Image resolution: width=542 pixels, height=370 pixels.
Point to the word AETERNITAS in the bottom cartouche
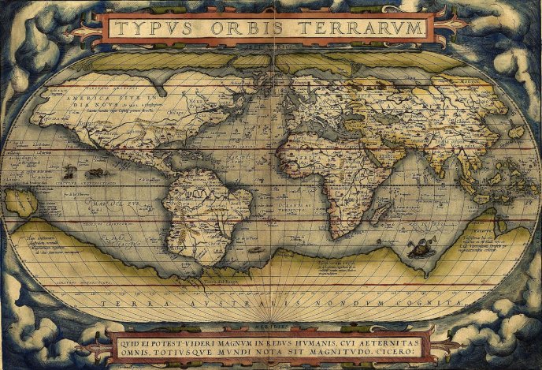pyautogui.click(x=388, y=341)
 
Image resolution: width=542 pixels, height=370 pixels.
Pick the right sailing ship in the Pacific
pyautogui.click(x=97, y=172)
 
